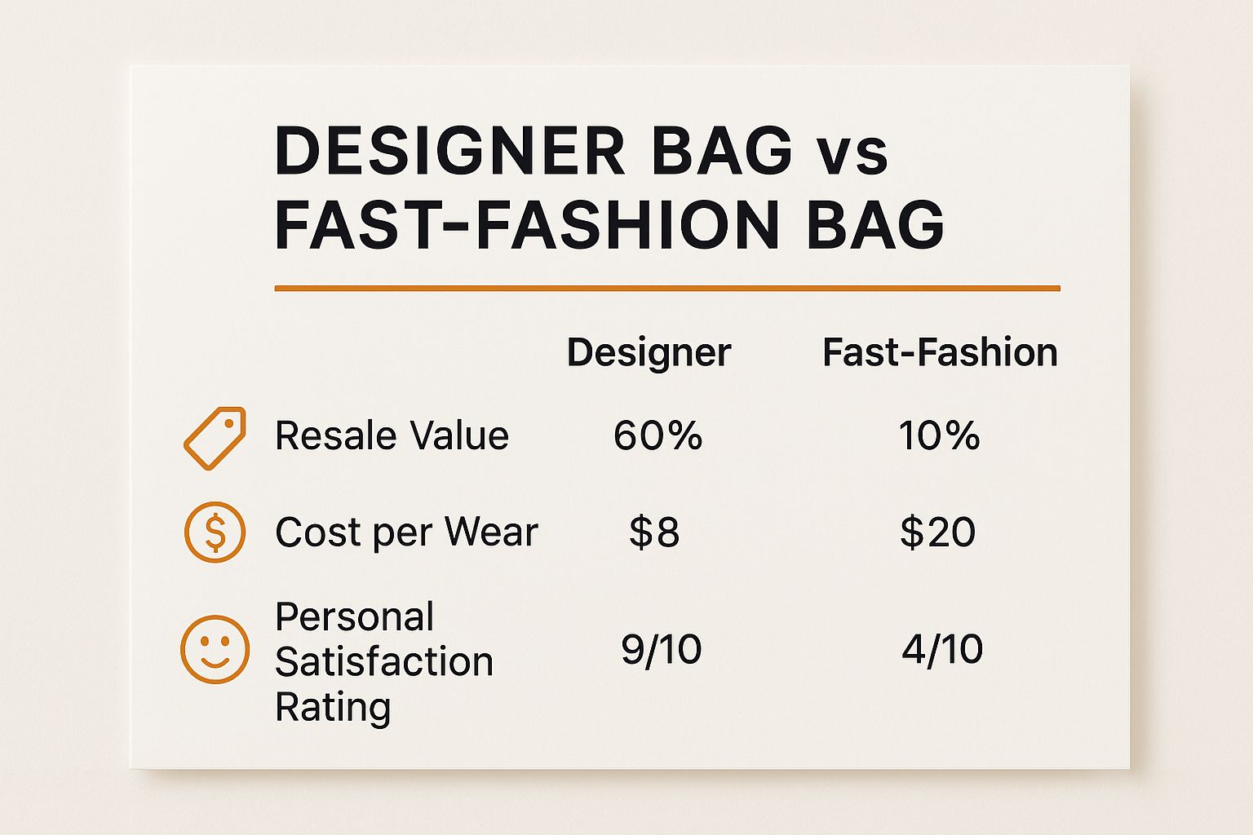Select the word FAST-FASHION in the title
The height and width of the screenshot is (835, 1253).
pyautogui.click(x=527, y=225)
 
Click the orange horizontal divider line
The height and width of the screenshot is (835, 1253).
pyautogui.click(x=667, y=289)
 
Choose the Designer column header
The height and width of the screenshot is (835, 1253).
pyautogui.click(x=649, y=353)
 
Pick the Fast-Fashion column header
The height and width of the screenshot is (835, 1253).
pyautogui.click(x=941, y=352)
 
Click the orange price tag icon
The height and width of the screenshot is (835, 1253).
pyautogui.click(x=215, y=438)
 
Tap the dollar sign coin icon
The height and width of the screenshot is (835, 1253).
pyautogui.click(x=215, y=532)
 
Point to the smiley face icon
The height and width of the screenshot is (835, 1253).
pyautogui.click(x=215, y=649)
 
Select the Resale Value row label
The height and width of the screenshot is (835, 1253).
pyautogui.click(x=392, y=435)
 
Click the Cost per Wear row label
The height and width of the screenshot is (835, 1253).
pyautogui.click(x=407, y=532)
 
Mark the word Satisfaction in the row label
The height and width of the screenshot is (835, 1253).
pyautogui.click(x=384, y=661)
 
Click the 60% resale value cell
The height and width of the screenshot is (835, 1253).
pyautogui.click(x=657, y=435)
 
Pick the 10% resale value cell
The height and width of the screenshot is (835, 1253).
pyautogui.click(x=940, y=435)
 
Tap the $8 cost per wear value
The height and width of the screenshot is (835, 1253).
pyautogui.click(x=654, y=532)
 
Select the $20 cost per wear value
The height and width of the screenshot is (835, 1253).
pyautogui.click(x=938, y=532)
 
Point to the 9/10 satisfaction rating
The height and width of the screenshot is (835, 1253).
pyautogui.click(x=662, y=650)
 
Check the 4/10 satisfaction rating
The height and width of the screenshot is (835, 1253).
pyautogui.click(x=942, y=650)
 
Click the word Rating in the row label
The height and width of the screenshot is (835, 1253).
pyautogui.click(x=333, y=708)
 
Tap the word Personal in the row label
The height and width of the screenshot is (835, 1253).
pyautogui.click(x=355, y=617)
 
